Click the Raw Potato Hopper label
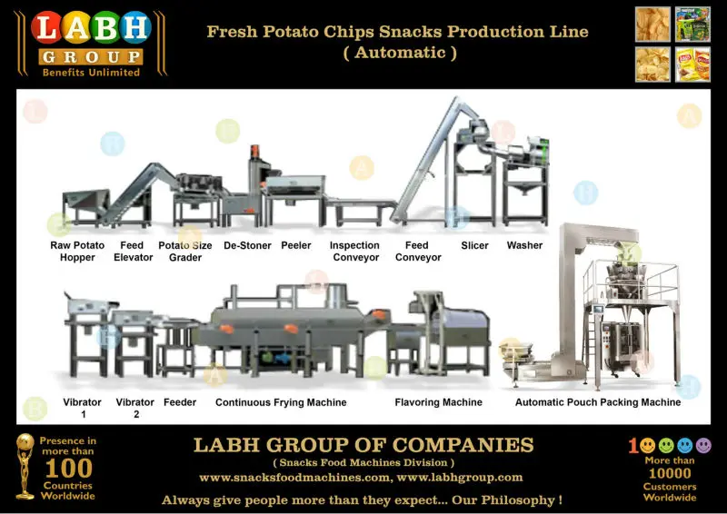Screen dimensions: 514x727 (x=77, y=252)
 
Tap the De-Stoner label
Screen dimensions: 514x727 (x=247, y=245)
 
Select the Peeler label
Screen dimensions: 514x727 (x=296, y=245)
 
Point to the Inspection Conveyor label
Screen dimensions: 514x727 (x=354, y=252)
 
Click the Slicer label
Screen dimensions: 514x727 (x=474, y=245)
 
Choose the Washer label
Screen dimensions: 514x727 (x=524, y=245)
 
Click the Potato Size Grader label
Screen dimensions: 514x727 (x=185, y=252)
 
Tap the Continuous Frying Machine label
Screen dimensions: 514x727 (x=281, y=402)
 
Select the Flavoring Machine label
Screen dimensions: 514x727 (x=438, y=402)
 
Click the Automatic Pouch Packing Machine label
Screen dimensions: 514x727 (x=598, y=402)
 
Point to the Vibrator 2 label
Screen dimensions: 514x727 (x=134, y=408)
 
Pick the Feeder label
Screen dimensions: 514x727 (x=180, y=402)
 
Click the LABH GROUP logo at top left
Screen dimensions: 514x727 (x=90, y=43)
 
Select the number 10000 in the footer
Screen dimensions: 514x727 (x=670, y=473)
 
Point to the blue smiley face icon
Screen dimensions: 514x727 (x=686, y=446)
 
